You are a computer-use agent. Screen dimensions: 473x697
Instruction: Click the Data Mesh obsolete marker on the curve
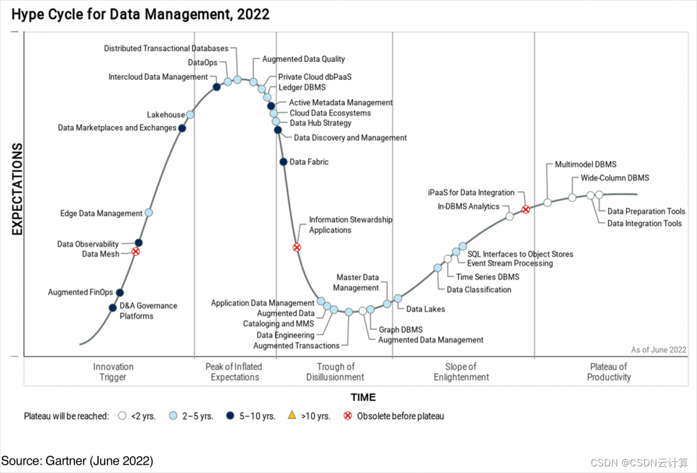[136, 251]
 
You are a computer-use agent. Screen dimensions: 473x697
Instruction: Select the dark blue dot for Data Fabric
[283, 162]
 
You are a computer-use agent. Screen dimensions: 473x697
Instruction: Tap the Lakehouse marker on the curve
[190, 115]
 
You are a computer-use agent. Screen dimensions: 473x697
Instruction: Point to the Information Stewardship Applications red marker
[296, 248]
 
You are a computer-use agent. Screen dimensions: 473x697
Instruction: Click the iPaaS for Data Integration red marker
[526, 209]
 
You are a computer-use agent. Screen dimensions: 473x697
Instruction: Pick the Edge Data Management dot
[148, 212]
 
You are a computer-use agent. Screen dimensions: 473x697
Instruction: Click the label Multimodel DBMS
[585, 164]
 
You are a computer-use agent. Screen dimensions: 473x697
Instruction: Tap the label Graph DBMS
[401, 330]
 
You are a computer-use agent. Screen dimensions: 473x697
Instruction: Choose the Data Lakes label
[425, 309]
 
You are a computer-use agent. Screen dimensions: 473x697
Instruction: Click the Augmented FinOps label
[80, 292]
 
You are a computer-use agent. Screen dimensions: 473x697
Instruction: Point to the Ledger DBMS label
[302, 87]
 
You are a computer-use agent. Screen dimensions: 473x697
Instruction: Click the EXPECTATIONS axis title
[17, 189]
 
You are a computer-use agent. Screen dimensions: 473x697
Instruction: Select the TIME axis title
[363, 397]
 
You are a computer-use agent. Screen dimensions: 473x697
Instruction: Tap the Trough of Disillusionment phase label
[336, 372]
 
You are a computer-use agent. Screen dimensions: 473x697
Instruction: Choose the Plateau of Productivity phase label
[608, 372]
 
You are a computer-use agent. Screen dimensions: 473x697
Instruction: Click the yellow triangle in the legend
[292, 416]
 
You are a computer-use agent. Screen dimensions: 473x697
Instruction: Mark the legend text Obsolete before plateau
[400, 416]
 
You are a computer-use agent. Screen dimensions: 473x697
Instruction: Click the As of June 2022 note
[658, 350]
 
